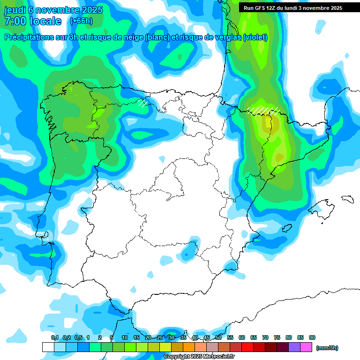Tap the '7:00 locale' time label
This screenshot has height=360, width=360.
(32, 21)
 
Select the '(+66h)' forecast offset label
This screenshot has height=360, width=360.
(81, 21)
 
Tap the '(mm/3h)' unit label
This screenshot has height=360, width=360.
(327, 348)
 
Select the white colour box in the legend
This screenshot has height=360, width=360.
(48, 347)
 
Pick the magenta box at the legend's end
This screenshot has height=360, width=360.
(306, 347)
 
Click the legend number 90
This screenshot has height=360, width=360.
(312, 338)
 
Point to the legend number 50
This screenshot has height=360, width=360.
(218, 338)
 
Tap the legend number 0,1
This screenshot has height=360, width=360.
(55, 338)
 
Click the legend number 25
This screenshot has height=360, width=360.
(160, 338)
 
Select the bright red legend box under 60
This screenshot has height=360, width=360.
(247, 347)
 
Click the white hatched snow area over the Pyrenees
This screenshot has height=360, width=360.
(263, 110)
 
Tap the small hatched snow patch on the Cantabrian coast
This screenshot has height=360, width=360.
(142, 102)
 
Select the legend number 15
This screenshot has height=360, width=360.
(136, 338)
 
